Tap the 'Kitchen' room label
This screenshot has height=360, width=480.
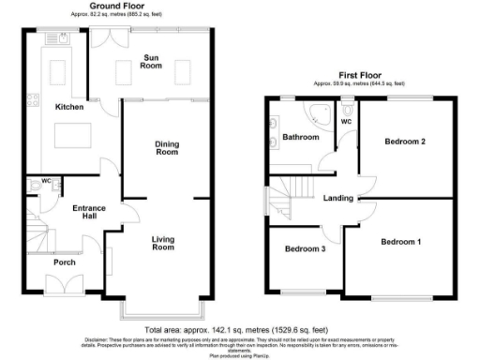pos(68,107)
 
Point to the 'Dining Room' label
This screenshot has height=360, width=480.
pos(166,147)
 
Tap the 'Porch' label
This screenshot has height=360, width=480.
pos(64,262)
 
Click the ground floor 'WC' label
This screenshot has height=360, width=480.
pos(46,180)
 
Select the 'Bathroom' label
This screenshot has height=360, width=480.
pos(300,138)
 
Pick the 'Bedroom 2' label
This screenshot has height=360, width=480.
pos(405,142)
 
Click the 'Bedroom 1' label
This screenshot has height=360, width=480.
pos(400,242)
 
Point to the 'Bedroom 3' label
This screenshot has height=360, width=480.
pos(306,249)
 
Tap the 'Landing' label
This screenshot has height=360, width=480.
pos(337,198)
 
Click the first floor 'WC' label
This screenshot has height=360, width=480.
pos(347,122)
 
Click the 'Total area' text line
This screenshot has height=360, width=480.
pos(239,331)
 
